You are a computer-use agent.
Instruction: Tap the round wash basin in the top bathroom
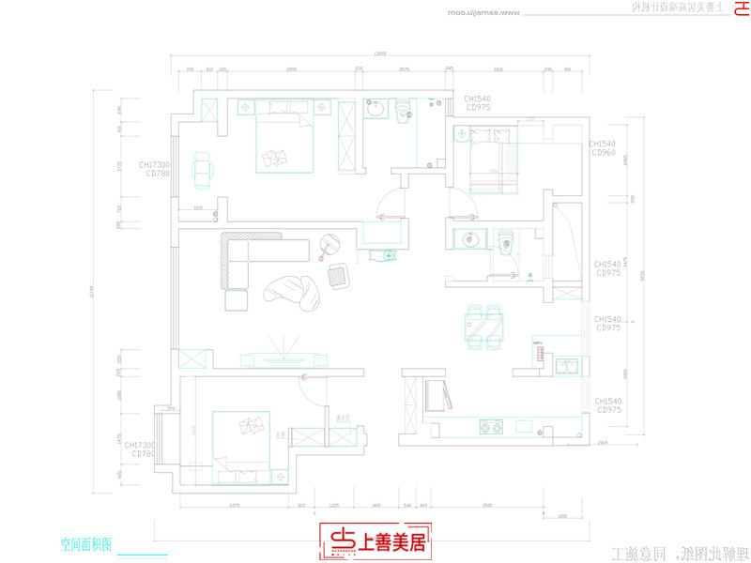376,111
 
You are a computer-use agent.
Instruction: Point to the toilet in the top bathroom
404,113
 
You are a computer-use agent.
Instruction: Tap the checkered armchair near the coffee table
338,274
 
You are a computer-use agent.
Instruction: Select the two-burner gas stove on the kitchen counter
491,427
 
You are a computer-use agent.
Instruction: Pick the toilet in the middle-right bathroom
506,244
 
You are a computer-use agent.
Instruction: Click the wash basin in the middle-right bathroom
467,241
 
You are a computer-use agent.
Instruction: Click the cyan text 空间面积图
86,543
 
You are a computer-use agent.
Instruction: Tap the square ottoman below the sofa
235,300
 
